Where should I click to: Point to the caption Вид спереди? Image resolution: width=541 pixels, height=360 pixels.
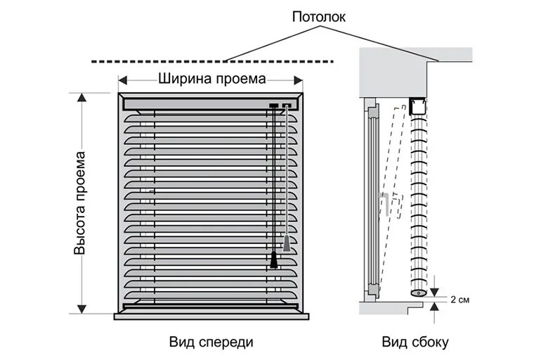tap(210, 342)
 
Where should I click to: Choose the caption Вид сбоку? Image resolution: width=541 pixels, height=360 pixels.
tap(415, 342)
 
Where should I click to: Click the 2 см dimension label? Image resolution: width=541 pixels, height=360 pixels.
tap(460, 300)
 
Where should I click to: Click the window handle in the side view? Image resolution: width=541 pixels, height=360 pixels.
tap(386, 203)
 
